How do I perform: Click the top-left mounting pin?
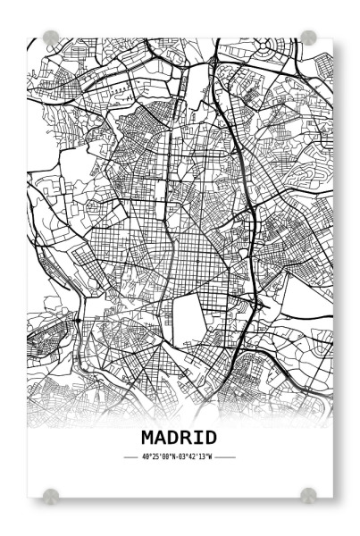(51, 38)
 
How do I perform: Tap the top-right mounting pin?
(308, 37)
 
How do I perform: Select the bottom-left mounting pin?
(51, 494)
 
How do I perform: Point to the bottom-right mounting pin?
(308, 494)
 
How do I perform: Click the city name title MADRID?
(179, 437)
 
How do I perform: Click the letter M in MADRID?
(148, 437)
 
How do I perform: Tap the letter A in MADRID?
(161, 437)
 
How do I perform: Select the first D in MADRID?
(173, 437)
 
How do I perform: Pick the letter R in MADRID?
(186, 437)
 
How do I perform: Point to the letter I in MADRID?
(198, 437)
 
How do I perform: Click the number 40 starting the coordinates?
(146, 456)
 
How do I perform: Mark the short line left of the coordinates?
(131, 456)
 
